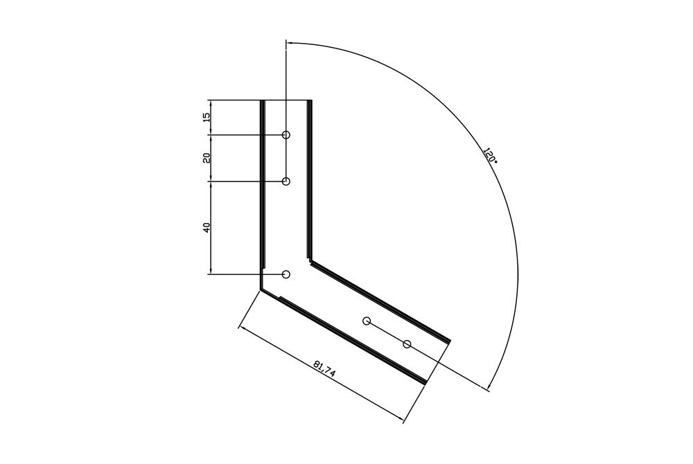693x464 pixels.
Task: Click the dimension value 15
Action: coord(206,117)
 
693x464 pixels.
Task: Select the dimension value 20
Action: coord(206,158)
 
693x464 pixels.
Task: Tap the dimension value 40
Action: coord(206,227)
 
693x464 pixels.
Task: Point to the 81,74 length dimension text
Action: coord(324,368)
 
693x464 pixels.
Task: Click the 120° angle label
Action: coord(490,155)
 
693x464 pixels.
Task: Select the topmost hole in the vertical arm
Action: coord(286,134)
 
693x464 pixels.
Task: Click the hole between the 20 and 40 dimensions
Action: coord(286,181)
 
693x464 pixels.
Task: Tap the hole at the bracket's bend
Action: coord(286,274)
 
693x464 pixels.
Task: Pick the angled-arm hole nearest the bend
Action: coord(367,321)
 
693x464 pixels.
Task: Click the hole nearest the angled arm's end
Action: coord(407,344)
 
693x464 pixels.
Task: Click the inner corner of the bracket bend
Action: coord(310,261)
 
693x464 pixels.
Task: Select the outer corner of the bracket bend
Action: coord(261,289)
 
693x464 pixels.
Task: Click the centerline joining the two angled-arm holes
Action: coord(387,332)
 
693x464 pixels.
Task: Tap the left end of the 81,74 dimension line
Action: coord(239,325)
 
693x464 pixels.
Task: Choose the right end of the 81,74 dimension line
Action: coord(403,420)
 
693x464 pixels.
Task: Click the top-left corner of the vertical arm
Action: coord(261,101)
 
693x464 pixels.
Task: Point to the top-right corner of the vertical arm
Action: coord(310,101)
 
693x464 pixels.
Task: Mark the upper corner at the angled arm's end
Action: coord(450,341)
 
